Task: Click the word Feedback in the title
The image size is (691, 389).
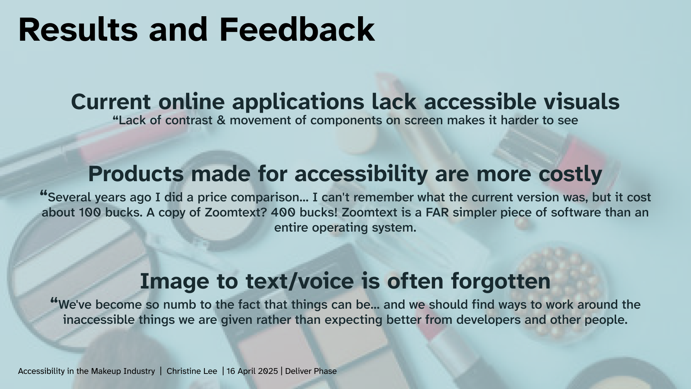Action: coord(297,30)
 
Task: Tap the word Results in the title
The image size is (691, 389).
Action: coord(78,30)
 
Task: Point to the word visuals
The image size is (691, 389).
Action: coord(582,102)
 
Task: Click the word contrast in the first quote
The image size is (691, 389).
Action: coord(189,120)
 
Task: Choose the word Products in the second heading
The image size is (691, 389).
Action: coord(136,174)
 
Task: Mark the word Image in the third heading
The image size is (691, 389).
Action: coord(174,281)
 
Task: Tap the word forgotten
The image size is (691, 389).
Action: coord(501,281)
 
